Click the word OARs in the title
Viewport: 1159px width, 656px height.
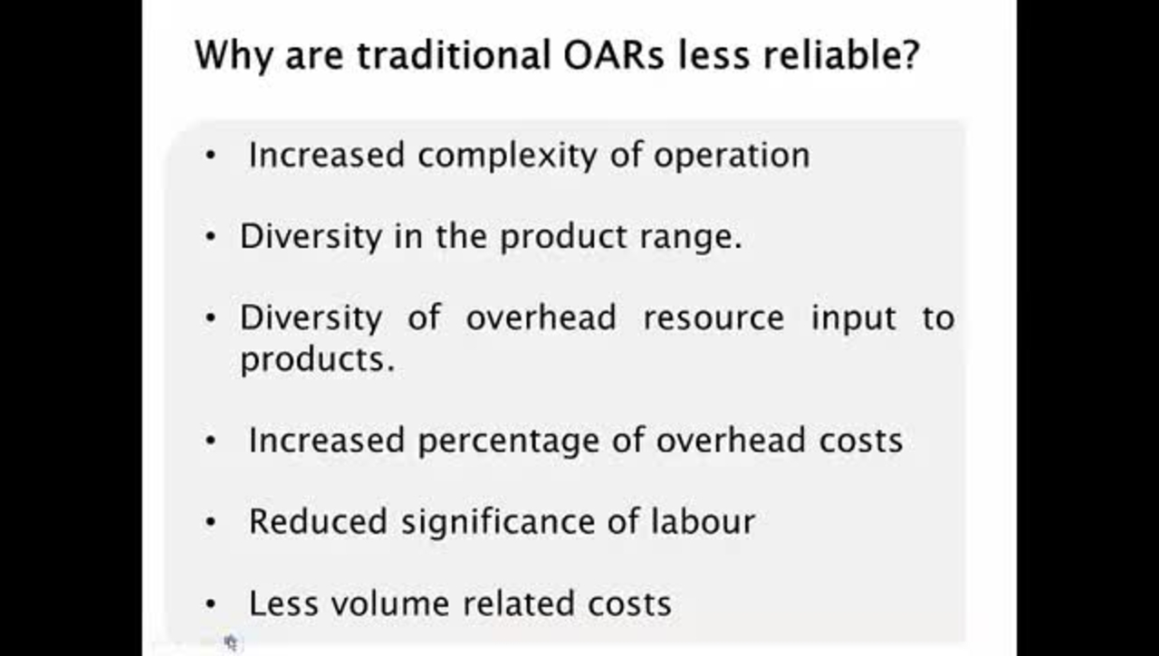tap(613, 55)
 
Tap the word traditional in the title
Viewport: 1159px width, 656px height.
tap(454, 54)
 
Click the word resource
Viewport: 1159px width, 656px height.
tap(714, 318)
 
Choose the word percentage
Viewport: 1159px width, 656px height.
tap(509, 442)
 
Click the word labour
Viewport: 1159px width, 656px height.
tap(704, 521)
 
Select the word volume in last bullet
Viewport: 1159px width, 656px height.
tap(390, 603)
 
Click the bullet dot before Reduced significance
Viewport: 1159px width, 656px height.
tap(210, 522)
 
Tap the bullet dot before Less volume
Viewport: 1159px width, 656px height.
tap(210, 604)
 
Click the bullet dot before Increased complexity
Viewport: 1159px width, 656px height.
tap(210, 155)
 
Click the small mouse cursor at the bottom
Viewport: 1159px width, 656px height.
tap(231, 642)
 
